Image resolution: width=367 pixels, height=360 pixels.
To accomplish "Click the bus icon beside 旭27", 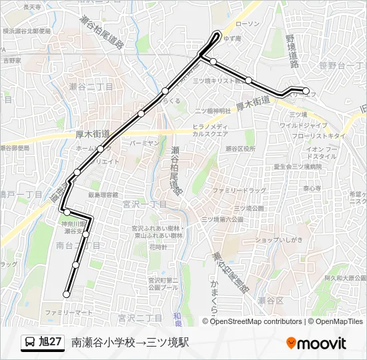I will point(30,343).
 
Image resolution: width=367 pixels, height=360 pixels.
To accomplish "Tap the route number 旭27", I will point(51,343).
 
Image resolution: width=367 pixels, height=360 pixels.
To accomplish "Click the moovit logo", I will point(316,343).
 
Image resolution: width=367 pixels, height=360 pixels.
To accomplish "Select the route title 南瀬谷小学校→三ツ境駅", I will point(131,343).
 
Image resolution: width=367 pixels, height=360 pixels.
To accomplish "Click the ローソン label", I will point(248,24).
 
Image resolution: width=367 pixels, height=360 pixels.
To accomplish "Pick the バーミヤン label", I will point(145,143).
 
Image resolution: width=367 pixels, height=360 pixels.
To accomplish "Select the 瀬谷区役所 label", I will point(241,149).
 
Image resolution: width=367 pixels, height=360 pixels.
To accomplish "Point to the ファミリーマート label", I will point(68,312).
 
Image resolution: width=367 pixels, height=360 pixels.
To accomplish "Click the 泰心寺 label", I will point(312,189).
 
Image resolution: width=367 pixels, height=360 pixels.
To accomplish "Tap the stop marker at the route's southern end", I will point(67,294).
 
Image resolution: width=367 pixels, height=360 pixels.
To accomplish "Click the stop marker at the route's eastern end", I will point(306,91).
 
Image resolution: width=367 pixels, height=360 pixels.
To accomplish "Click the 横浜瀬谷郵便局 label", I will point(26,31).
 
